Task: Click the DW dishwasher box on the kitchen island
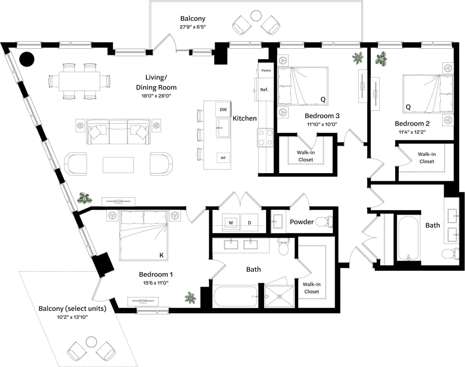223,110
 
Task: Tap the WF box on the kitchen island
223,158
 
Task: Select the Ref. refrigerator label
264,90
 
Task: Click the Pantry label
266,71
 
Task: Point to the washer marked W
231,223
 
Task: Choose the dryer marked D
249,223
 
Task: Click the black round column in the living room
27,59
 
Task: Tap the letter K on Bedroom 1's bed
161,256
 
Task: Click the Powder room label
301,222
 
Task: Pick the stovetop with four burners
265,137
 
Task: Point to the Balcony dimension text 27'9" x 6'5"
193,27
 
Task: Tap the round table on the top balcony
256,16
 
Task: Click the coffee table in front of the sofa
118,165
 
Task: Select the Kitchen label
244,118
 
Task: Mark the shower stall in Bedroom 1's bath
279,296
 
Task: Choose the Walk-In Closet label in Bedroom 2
427,158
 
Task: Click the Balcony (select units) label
72,309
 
